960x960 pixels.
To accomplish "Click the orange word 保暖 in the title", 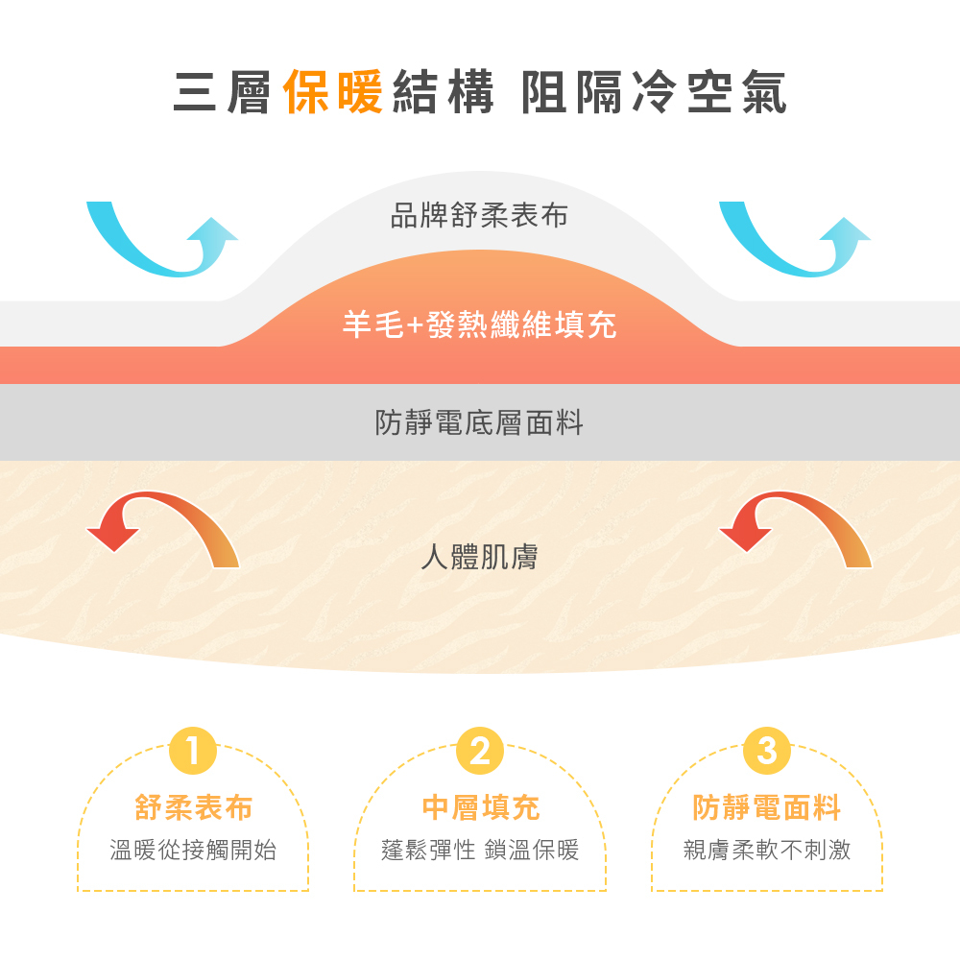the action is (x=334, y=93).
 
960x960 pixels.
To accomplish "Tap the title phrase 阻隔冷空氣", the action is (x=654, y=93).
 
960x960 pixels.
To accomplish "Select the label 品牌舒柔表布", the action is (x=479, y=215).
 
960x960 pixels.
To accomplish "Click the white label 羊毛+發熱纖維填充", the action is (x=479, y=326).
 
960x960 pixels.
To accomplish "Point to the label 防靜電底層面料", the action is (x=479, y=422).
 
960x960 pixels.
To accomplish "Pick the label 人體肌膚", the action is (x=479, y=557).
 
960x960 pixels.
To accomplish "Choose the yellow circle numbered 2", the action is (x=480, y=751).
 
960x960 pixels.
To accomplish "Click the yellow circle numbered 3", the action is (x=766, y=751).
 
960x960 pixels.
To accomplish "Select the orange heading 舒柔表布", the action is (x=194, y=808).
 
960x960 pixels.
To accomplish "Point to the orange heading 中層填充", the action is (x=480, y=808).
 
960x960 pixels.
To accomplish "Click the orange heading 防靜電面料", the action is (x=766, y=808).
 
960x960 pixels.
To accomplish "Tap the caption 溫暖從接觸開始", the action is (x=193, y=850).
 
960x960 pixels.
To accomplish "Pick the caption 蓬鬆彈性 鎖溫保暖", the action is (x=480, y=850).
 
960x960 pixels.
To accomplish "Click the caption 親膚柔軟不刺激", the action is (x=766, y=850).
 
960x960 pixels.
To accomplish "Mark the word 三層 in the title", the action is (x=223, y=93).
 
